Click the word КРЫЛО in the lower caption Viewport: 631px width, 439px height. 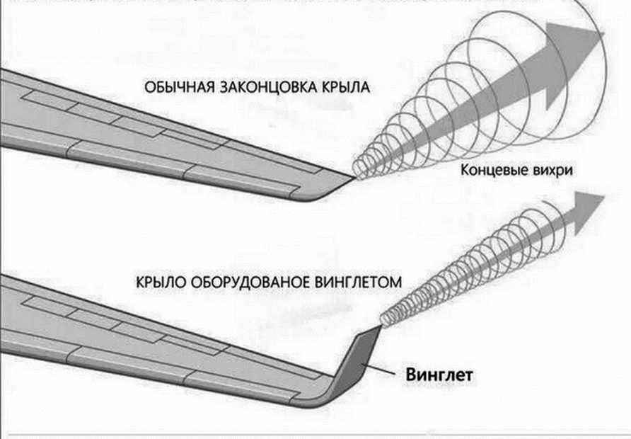click(x=158, y=282)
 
